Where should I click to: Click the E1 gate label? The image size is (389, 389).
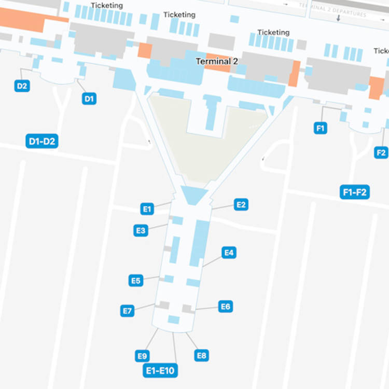pos(147,209)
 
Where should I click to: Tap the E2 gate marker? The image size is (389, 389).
pos(241,204)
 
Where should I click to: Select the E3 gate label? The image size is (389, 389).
pos(141,230)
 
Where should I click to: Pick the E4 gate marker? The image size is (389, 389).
pos(229,253)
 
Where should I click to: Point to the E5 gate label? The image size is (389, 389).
pos(136,281)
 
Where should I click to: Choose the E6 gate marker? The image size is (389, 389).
pos(225,307)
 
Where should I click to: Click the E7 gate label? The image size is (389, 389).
pos(127,311)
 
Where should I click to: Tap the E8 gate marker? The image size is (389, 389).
pos(201,355)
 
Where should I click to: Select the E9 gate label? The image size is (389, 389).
pos(143,356)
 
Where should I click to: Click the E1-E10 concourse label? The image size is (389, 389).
pos(161,370)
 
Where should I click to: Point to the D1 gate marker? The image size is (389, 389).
pos(89,99)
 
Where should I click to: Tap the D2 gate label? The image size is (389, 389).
pos(22,86)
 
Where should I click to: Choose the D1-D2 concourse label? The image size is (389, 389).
pos(42,141)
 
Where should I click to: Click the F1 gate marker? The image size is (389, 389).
pos(321,128)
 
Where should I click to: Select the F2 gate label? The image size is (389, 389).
pos(381,152)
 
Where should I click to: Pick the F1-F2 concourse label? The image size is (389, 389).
pos(355,192)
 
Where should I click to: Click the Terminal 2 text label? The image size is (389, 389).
pos(217,61)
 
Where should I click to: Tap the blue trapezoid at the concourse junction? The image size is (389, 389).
pos(195,196)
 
